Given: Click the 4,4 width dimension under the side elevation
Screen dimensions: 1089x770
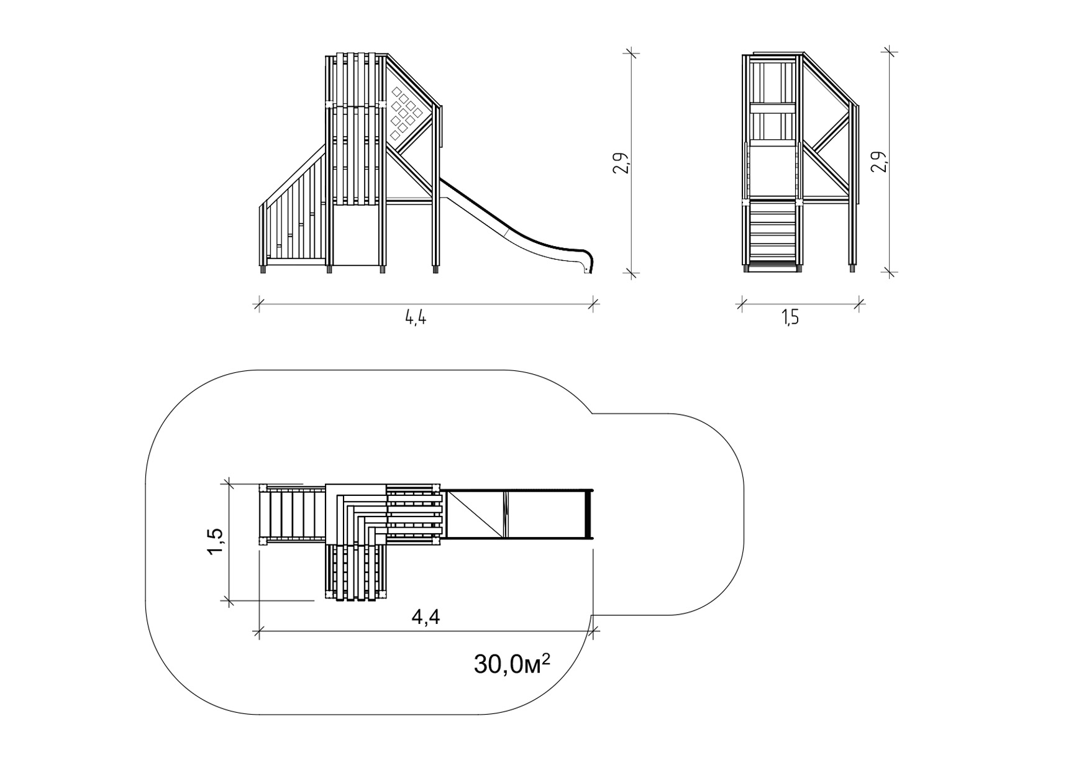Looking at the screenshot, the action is (416, 318).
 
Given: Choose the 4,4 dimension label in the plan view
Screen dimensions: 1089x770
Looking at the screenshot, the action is (426, 617).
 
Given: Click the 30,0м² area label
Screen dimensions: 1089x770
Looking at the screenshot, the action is (512, 664).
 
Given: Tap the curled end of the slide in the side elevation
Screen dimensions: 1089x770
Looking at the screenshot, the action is (588, 262).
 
